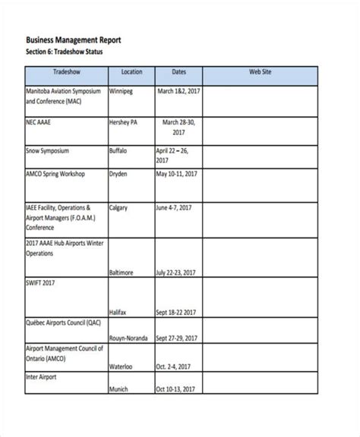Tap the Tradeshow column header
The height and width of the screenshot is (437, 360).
point(68,72)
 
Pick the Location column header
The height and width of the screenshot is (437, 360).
point(131,72)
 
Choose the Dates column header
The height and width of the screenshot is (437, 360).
point(178,72)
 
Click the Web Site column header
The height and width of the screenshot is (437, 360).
point(261,72)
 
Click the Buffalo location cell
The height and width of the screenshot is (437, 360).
point(121,151)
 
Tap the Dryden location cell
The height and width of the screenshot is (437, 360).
point(121,174)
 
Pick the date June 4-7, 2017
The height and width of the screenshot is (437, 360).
point(176,207)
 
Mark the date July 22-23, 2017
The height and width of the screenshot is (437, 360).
point(179,271)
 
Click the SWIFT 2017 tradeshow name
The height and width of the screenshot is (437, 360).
point(41,282)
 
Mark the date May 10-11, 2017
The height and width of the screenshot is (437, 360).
point(177,174)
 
